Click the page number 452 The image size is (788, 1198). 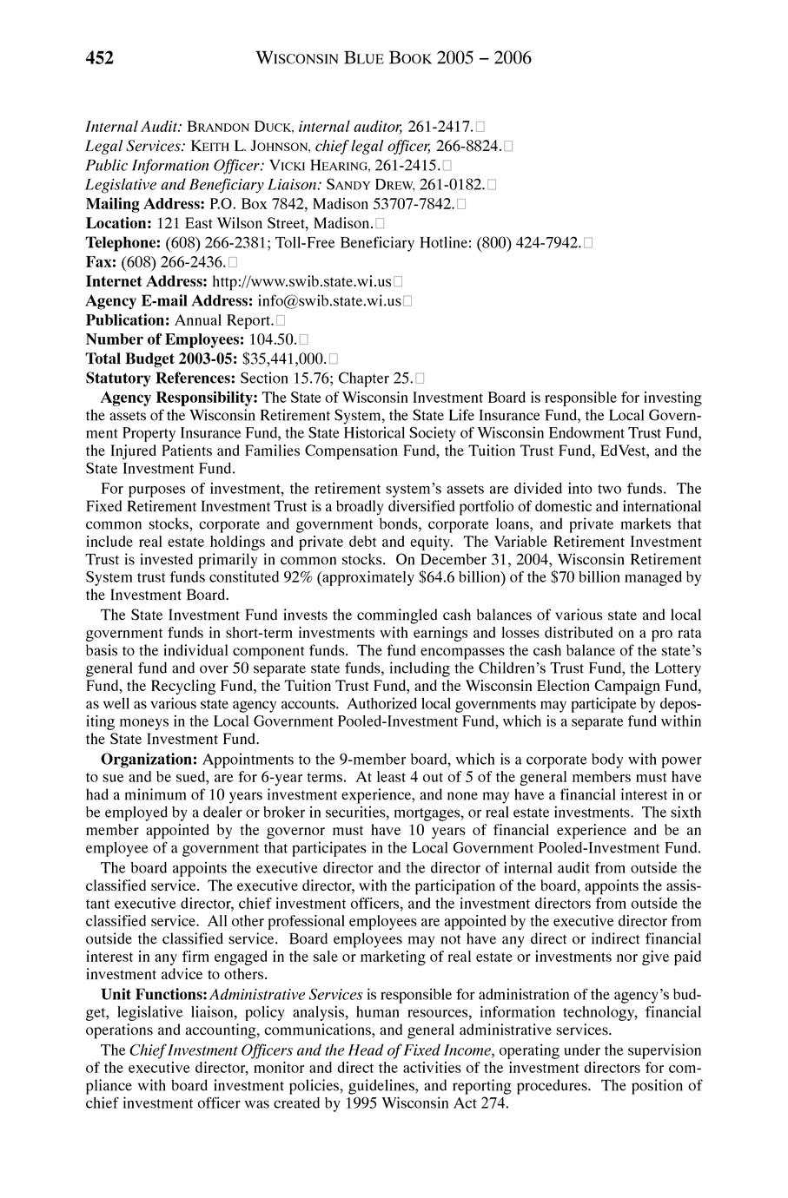point(100,58)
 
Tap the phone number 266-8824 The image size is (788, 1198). point(468,147)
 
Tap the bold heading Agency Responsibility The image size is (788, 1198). point(180,397)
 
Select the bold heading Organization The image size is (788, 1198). point(149,758)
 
